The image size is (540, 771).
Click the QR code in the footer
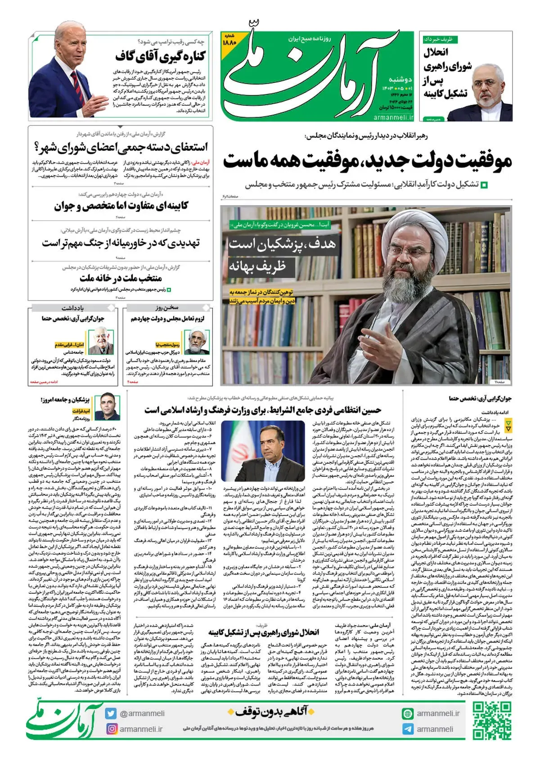492,721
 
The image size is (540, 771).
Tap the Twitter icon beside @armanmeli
111,713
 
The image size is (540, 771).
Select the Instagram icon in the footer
111,729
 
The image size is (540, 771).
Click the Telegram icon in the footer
408,729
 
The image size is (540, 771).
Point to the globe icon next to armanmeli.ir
408,713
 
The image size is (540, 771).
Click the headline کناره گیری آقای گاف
160,57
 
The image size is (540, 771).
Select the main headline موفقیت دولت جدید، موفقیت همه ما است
367,161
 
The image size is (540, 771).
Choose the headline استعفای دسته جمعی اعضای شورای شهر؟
121,147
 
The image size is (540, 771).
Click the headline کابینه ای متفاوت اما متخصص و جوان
121,206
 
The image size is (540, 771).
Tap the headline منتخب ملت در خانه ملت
121,278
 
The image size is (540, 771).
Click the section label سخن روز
167,308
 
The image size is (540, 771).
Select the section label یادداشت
73,308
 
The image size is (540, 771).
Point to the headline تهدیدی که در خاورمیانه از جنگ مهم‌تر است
121,243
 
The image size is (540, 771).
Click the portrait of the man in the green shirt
109,406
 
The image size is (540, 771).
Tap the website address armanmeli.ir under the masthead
393,117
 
